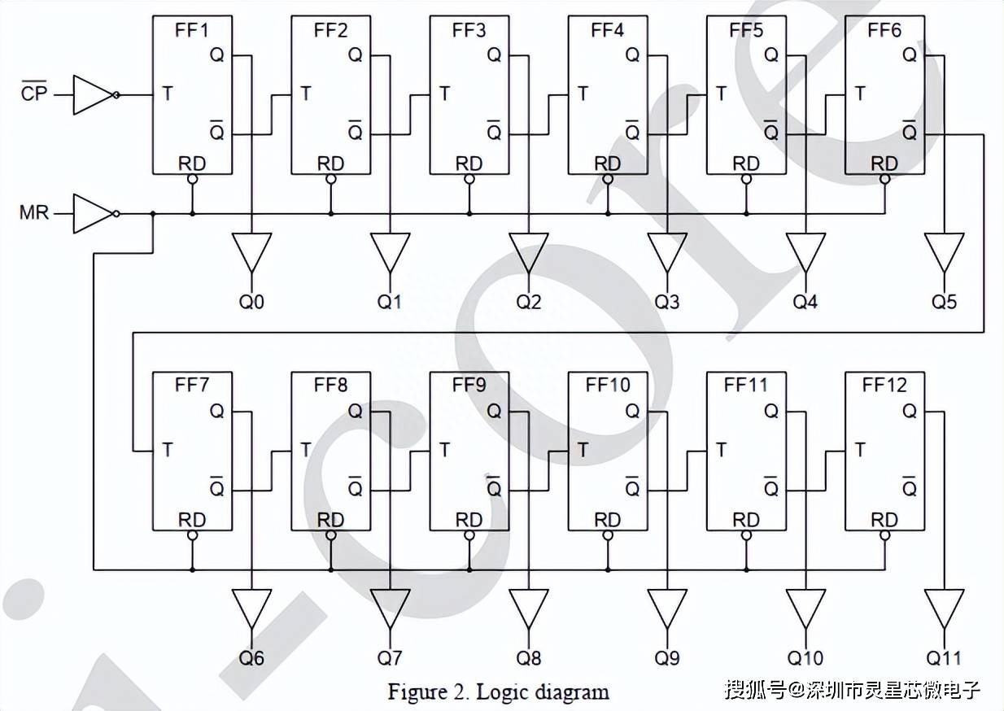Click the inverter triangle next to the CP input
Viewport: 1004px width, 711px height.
coord(91,94)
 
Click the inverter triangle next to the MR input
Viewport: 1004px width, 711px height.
coord(91,213)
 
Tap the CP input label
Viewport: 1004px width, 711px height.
coord(34,94)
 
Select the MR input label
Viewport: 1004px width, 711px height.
coord(34,213)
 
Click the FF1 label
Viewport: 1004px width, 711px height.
coord(192,31)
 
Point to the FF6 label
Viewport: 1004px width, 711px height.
coord(884,31)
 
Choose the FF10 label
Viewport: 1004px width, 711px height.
coord(607,385)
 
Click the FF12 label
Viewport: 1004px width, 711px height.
coord(884,385)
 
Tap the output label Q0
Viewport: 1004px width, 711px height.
coord(252,303)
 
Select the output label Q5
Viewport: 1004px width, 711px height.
coord(945,303)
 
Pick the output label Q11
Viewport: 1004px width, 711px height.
coord(943,658)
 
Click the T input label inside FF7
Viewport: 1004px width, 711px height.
coord(167,448)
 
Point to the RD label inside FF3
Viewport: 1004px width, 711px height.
coord(469,164)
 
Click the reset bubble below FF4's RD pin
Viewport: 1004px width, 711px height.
coord(608,179)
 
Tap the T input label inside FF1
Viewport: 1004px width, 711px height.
coord(167,94)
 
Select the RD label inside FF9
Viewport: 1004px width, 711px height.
coord(469,519)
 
